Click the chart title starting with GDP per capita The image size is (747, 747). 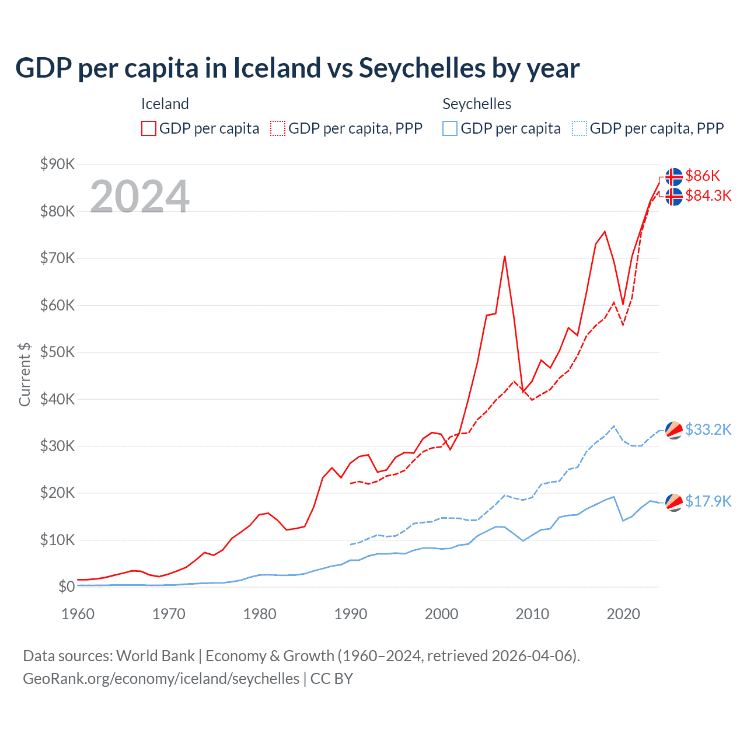297,68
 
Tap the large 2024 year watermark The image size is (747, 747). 139,197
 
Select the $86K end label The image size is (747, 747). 703,176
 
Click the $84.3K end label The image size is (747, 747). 708,196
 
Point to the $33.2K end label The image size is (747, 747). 708,430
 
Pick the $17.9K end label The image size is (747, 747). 708,501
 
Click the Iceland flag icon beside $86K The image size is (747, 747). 674,176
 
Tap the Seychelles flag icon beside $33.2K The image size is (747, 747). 674,430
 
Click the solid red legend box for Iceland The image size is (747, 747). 149,128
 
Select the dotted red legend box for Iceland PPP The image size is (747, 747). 278,128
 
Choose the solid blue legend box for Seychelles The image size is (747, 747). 450,128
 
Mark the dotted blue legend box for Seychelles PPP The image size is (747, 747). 580,128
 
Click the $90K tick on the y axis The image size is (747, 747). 57,164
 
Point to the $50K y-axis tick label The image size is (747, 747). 57,352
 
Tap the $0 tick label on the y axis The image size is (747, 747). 67,587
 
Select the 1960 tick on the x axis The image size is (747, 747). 78,614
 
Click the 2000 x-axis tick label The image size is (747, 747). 441,614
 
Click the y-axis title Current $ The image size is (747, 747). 25,374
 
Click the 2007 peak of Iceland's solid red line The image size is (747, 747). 505,256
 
